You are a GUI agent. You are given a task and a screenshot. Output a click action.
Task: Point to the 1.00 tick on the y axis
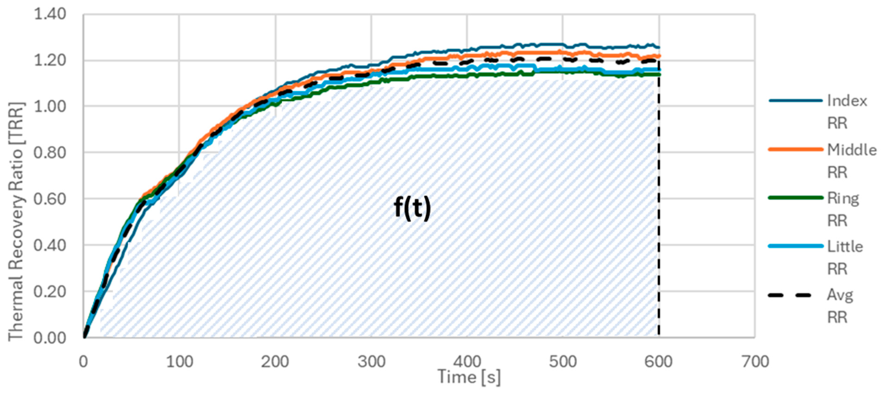point(50,106)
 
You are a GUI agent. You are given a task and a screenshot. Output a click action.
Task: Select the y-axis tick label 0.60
point(50,199)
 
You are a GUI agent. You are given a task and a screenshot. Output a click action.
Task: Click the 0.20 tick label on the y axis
point(50,292)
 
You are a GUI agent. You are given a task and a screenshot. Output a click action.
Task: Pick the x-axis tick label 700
point(755,361)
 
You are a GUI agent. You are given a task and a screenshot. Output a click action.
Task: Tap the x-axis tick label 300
point(371,361)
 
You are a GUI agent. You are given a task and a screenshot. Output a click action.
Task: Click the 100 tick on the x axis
point(179,361)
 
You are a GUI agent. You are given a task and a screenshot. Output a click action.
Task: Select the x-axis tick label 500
point(563,361)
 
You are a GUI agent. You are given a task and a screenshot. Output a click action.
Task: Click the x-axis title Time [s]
point(469,377)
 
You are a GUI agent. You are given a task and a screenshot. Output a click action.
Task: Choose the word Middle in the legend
point(852,150)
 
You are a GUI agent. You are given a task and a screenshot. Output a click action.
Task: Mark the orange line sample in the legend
point(795,149)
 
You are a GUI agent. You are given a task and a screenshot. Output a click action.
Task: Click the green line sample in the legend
point(795,198)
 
